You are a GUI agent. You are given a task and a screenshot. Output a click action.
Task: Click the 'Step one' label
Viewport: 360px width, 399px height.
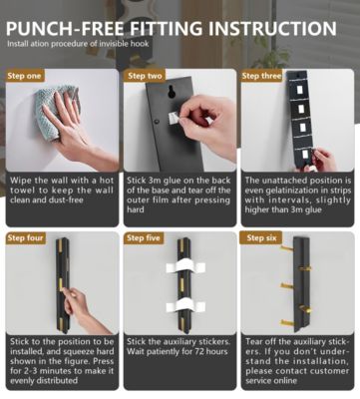click(x=25, y=76)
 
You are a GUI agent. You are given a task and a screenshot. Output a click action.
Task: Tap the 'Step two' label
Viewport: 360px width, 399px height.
click(x=144, y=76)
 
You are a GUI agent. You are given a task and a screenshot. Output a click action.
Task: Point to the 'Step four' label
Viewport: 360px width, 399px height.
click(x=26, y=238)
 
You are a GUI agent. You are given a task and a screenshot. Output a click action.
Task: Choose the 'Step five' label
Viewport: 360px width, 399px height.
click(x=144, y=238)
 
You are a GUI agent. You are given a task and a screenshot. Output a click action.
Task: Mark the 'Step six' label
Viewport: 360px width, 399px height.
click(x=261, y=238)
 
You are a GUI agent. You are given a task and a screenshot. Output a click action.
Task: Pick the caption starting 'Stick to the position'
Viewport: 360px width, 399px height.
click(x=61, y=356)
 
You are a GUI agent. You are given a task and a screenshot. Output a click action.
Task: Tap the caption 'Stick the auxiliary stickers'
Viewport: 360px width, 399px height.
click(x=179, y=351)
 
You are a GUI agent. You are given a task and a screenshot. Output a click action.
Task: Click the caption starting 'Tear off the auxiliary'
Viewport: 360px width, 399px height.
click(x=297, y=356)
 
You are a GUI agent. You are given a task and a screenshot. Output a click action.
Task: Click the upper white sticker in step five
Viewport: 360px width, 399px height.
click(x=183, y=270)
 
